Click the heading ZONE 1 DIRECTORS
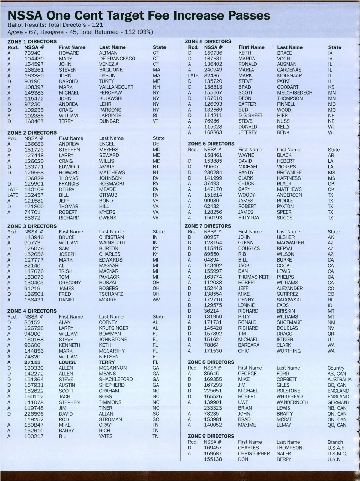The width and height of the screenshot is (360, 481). [32, 41]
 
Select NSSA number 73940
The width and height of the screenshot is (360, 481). [32, 53]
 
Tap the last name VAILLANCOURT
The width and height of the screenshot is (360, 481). [116, 87]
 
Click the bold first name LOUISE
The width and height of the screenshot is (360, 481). [67, 362]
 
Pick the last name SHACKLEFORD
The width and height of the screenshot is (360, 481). [116, 379]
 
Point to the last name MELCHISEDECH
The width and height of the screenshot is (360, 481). [295, 93]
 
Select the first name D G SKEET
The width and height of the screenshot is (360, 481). [250, 116]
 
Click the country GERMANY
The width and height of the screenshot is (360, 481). [339, 402]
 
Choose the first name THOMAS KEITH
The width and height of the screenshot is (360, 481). [255, 277]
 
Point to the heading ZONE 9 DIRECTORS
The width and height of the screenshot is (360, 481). [211, 436]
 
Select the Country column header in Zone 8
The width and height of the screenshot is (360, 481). [336, 368]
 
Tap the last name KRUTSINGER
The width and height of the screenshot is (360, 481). [114, 328]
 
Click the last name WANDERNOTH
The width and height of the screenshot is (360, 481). [292, 402]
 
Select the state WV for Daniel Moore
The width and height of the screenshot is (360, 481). [156, 300]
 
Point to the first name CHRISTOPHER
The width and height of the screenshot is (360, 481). [254, 454]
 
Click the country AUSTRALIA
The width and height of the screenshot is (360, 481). [339, 379]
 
